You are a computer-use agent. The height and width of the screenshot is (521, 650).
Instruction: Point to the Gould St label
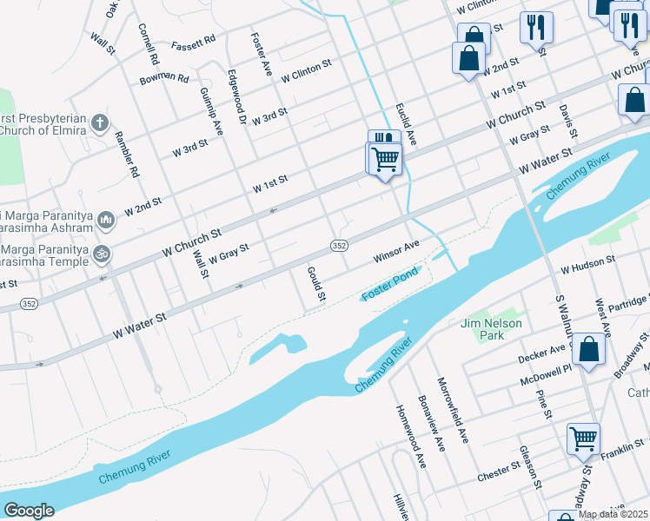tap(315, 285)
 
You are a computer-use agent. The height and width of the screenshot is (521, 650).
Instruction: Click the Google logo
tap(29, 511)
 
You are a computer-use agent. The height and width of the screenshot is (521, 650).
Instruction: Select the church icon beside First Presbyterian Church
tap(100, 122)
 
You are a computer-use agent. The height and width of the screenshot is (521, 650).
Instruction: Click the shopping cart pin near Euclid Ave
tap(384, 159)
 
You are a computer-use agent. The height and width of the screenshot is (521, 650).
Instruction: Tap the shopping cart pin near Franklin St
tap(583, 439)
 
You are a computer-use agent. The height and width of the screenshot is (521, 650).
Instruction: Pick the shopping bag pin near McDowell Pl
tap(589, 351)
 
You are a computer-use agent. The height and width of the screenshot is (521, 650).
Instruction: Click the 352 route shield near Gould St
tap(339, 247)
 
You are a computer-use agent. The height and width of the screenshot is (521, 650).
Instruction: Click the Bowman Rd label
tap(164, 79)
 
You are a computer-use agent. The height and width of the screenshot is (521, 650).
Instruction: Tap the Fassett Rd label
tap(193, 43)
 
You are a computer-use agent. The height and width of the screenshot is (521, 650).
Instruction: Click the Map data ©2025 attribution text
tap(613, 514)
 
